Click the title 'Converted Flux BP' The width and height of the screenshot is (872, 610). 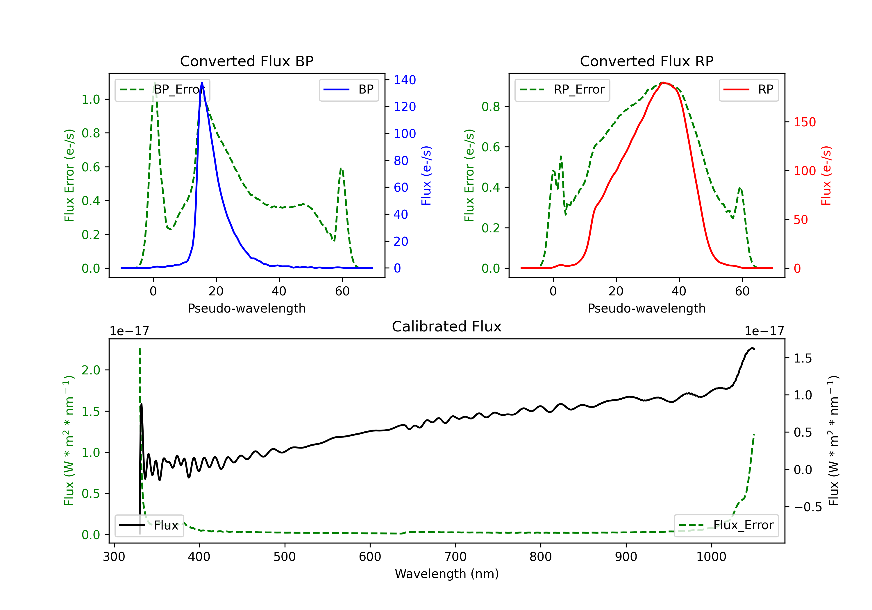(246, 61)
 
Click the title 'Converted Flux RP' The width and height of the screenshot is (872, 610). (646, 61)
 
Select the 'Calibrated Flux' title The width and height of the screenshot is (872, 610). (447, 326)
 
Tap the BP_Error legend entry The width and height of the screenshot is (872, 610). (162, 89)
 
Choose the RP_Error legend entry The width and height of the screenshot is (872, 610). (562, 89)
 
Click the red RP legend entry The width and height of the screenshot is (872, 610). (748, 89)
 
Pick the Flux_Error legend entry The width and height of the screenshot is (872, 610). (726, 525)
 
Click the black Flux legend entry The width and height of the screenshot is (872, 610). (149, 525)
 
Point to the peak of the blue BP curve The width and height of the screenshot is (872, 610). (202, 82)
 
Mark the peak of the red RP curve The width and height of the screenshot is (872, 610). (662, 82)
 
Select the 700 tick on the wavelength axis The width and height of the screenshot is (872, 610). (455, 557)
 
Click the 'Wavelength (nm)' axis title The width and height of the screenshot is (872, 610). (447, 574)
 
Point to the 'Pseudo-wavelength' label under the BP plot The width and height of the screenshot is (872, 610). (246, 308)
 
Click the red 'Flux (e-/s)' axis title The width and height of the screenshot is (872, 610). (826, 176)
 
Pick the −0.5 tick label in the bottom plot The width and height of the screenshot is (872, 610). (808, 507)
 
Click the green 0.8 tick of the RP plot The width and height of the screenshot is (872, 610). (491, 107)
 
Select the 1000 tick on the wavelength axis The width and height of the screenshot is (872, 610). (711, 557)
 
